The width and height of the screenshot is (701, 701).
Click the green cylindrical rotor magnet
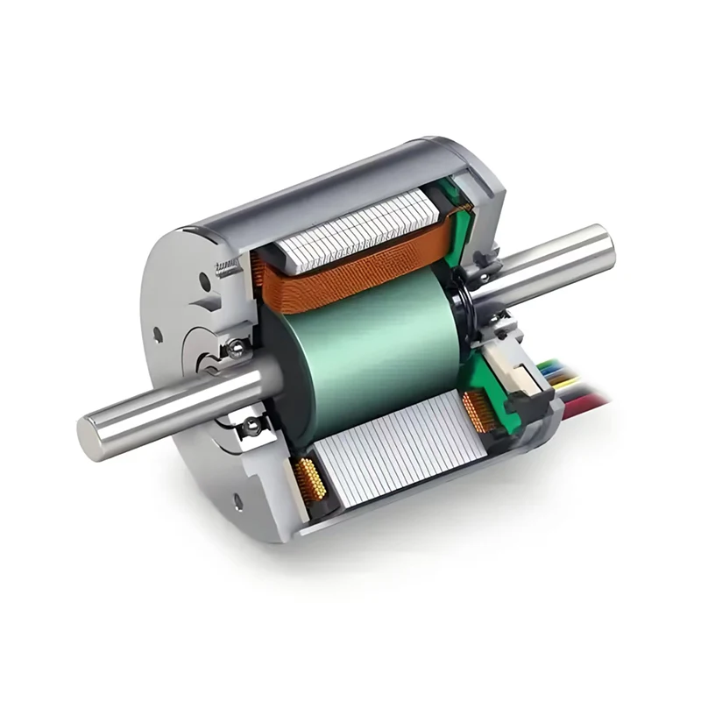(368, 350)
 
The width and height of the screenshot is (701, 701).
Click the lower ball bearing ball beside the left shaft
(251, 427)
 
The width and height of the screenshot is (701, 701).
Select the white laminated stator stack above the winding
(359, 230)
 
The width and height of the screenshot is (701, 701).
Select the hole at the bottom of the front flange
(237, 502)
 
